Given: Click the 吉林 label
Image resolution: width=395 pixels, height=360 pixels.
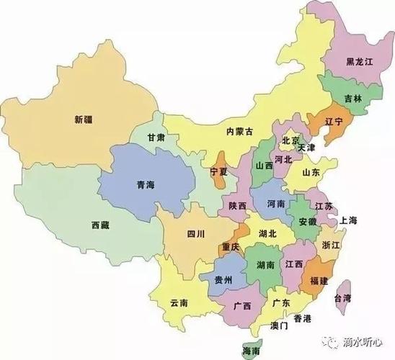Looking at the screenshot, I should pyautogui.click(x=353, y=98).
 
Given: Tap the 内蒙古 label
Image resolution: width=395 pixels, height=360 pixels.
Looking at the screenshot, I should pyautogui.click(x=239, y=131).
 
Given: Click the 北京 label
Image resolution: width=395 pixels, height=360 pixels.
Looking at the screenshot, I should pyautogui.click(x=290, y=140).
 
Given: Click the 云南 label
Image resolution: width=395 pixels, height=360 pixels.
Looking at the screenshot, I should pyautogui.click(x=178, y=302).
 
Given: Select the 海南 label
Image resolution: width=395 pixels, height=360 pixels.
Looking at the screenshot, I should pyautogui.click(x=252, y=351).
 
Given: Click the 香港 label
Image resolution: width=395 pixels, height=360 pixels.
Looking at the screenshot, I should pyautogui.click(x=302, y=318).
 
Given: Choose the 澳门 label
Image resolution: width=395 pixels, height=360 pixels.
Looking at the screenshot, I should pyautogui.click(x=278, y=326).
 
